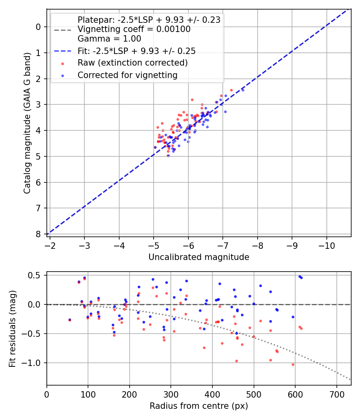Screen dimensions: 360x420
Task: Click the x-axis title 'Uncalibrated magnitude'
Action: [199, 257]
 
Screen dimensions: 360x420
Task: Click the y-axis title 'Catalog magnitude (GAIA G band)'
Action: [27, 123]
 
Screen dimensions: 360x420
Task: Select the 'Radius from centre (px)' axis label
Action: [199, 406]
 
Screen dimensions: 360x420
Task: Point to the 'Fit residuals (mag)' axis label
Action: [12, 329]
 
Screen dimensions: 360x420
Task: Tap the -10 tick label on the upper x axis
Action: [326, 246]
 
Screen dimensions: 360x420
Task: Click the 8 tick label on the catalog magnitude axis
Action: [38, 234]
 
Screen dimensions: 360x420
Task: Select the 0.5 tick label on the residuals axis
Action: [35, 275]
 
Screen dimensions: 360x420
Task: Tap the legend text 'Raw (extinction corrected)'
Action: [132, 63]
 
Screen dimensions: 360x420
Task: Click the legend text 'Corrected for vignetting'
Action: [128, 75]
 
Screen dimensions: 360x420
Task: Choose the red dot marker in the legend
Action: [62, 64]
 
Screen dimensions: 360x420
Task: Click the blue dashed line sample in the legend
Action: [62, 51]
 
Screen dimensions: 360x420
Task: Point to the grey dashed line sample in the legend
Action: [62, 30]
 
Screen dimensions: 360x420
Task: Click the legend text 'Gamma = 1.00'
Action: [109, 39]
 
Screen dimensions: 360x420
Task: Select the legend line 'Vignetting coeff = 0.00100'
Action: [134, 29]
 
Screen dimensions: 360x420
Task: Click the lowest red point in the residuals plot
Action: [293, 364]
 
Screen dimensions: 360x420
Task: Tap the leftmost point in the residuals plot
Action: [70, 320]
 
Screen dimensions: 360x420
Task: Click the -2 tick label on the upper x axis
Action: [50, 246]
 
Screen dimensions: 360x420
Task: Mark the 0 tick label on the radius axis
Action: [47, 394]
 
